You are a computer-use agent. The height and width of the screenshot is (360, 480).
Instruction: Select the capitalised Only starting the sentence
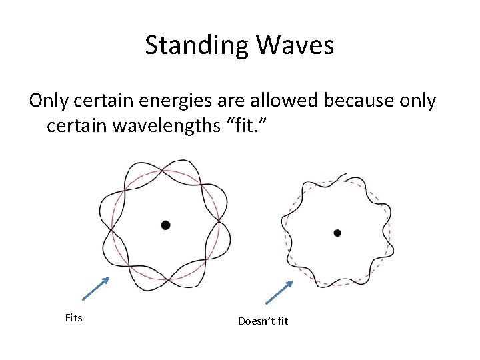click(51, 101)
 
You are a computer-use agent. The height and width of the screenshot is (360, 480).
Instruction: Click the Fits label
click(73, 318)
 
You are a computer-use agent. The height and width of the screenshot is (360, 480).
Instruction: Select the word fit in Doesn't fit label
click(283, 321)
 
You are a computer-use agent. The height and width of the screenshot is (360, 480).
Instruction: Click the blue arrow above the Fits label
click(95, 291)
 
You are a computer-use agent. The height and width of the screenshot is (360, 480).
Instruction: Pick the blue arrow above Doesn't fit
click(279, 293)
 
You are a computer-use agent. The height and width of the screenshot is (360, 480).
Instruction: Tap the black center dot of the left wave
click(165, 225)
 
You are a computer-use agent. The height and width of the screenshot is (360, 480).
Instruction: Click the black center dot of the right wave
click(337, 233)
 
